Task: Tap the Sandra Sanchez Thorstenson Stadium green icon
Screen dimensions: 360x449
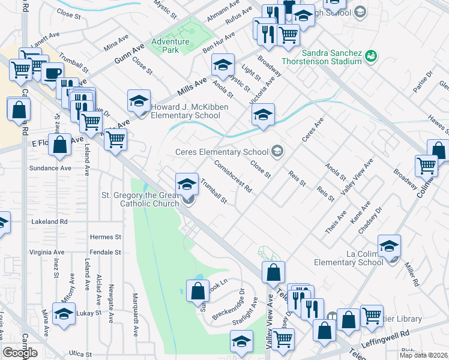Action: point(372,56)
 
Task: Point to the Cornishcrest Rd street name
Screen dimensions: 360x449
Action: point(233,175)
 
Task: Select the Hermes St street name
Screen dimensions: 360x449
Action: point(105,237)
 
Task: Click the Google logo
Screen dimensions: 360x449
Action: point(20,353)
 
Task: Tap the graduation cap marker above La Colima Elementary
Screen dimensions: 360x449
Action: point(389,246)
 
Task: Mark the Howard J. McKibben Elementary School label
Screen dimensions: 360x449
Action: point(185,112)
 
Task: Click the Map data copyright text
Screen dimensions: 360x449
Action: point(423,355)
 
